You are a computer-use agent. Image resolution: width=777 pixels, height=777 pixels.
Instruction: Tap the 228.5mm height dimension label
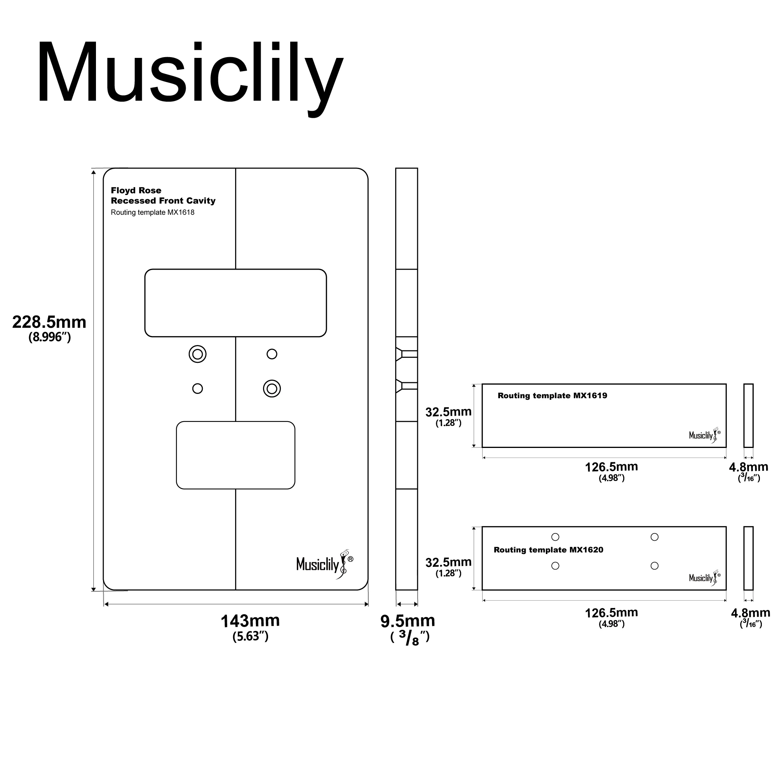[x=49, y=322]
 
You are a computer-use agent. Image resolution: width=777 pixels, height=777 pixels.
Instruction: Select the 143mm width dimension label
[x=250, y=620]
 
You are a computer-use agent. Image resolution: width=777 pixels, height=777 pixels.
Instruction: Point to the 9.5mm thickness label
[x=408, y=621]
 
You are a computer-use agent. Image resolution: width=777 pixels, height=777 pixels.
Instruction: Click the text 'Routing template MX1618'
[x=152, y=213]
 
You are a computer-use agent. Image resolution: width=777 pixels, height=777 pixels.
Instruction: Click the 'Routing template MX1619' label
[x=552, y=396]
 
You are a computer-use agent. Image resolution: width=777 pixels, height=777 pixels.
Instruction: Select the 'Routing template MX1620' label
[x=548, y=550]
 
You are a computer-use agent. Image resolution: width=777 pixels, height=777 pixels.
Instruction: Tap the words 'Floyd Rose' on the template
[x=136, y=190]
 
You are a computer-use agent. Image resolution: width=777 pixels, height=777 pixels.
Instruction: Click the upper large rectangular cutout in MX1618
[x=235, y=303]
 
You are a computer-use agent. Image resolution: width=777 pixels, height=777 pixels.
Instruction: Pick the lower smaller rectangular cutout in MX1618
[x=235, y=455]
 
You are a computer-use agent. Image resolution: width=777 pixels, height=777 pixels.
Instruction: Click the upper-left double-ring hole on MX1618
[x=197, y=354]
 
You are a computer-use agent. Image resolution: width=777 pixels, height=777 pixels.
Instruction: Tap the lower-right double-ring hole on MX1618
[x=272, y=388]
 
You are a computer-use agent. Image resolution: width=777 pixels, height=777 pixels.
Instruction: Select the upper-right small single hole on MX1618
[x=272, y=354]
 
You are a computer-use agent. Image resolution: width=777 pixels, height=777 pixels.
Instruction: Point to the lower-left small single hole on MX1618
[x=197, y=388]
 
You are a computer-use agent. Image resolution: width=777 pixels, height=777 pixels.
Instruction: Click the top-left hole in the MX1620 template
[x=555, y=537]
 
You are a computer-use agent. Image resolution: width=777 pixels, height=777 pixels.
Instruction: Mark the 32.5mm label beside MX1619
[x=448, y=412]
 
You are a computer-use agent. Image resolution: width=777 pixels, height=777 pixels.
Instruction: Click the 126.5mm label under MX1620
[x=611, y=613]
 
